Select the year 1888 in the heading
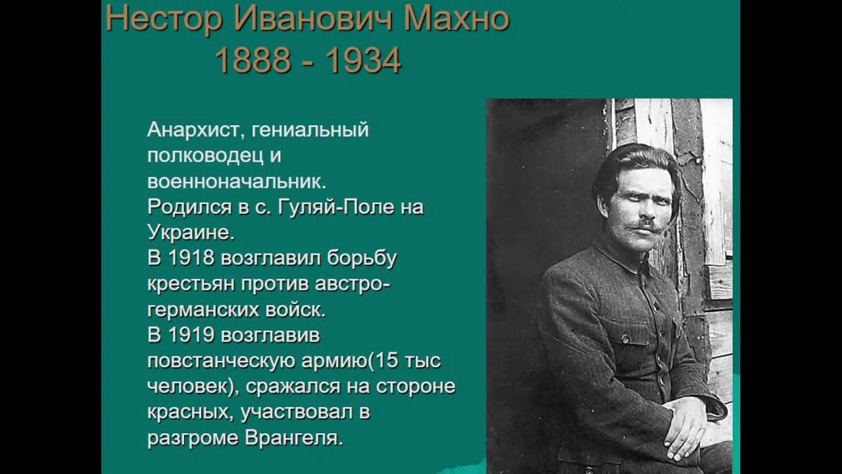click(253, 61)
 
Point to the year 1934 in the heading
click(363, 61)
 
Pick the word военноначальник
click(237, 181)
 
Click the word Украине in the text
click(189, 232)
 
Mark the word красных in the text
click(190, 413)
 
